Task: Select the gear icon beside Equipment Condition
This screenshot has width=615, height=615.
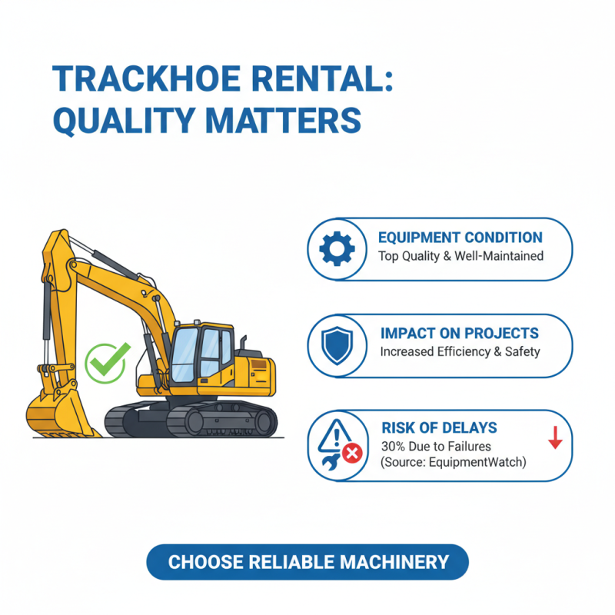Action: pyautogui.click(x=336, y=248)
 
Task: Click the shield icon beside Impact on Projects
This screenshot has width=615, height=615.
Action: pyautogui.click(x=336, y=345)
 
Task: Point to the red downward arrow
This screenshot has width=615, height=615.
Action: pyautogui.click(x=556, y=438)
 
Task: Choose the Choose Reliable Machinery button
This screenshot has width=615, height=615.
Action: pyautogui.click(x=307, y=562)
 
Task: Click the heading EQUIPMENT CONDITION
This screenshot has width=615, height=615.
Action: pyautogui.click(x=460, y=238)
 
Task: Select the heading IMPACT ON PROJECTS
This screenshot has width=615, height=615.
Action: pyautogui.click(x=460, y=334)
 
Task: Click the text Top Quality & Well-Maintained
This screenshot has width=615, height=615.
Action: pyautogui.click(x=461, y=256)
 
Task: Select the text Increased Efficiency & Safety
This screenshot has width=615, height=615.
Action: pyautogui.click(x=460, y=352)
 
